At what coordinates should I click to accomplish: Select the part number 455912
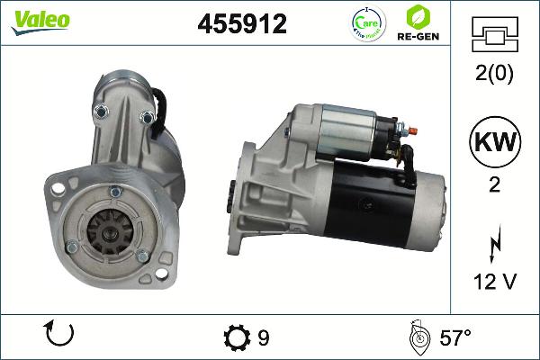point(242,24)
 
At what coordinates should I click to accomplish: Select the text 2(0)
point(493,75)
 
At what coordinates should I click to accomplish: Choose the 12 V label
point(493,282)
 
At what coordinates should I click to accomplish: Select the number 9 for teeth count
point(264,338)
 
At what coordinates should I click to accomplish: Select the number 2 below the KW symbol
point(493,185)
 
